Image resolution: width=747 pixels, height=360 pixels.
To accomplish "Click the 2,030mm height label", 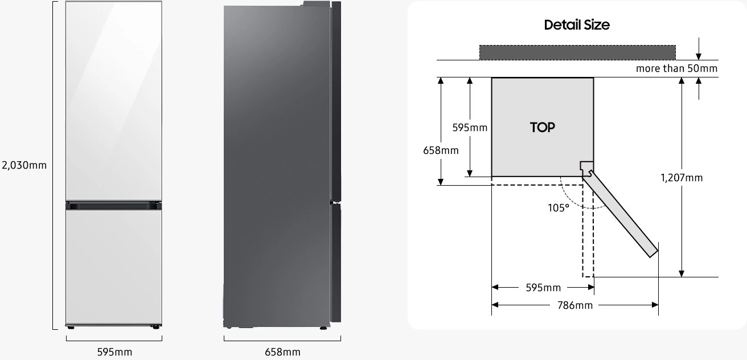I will [24, 165].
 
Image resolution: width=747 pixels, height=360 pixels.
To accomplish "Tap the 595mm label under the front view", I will [114, 352].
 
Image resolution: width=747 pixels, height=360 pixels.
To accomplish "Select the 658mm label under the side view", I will [282, 352].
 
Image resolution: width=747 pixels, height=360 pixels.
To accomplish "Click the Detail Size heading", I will [576, 25].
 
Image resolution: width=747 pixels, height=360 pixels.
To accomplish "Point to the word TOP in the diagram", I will [542, 128].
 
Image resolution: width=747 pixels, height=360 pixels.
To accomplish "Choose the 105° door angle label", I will [559, 208].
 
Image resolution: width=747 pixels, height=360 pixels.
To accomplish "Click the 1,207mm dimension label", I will [682, 178].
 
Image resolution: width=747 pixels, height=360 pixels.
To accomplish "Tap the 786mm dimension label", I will [574, 305].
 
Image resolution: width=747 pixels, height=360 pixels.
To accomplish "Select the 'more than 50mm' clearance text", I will [676, 68].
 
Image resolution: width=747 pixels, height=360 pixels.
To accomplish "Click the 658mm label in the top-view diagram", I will [441, 150].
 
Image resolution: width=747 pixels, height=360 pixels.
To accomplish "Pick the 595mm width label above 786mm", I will [543, 288].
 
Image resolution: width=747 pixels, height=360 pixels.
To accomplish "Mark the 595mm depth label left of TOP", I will [470, 128].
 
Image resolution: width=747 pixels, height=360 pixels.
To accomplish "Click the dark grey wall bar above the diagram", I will [577, 52].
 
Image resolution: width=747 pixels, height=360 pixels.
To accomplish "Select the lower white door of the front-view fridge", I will [114, 265].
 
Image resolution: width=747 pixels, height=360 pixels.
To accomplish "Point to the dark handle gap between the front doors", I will [114, 205].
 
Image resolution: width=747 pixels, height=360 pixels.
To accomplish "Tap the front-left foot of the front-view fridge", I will [71, 327].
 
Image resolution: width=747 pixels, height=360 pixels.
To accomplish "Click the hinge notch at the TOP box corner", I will [586, 167].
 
